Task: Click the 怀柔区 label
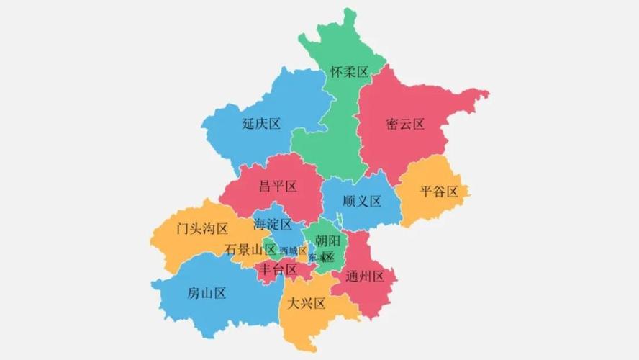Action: click(349, 72)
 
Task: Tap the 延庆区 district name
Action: click(261, 124)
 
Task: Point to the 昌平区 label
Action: click(278, 187)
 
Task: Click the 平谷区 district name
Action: click(439, 192)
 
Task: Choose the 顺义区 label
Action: click(361, 202)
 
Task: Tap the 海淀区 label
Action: click(272, 225)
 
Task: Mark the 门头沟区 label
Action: click(202, 229)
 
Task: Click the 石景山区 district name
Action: click(250, 250)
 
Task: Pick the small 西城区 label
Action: click(293, 251)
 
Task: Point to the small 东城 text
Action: click(317, 257)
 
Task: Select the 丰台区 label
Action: click(278, 270)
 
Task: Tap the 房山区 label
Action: click(207, 293)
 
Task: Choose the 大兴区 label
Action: click(307, 303)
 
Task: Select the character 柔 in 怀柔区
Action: click(349, 72)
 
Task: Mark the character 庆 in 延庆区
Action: click(261, 124)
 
